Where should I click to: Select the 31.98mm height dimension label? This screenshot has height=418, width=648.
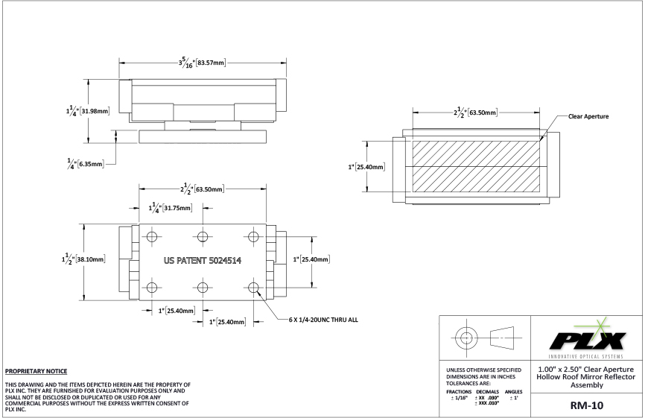pyautogui.click(x=87, y=111)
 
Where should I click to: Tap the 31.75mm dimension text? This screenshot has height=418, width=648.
pyautogui.click(x=169, y=207)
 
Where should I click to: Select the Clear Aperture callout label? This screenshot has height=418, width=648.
pyautogui.click(x=589, y=116)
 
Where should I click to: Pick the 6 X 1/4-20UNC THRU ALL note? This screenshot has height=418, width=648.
pyautogui.click(x=323, y=319)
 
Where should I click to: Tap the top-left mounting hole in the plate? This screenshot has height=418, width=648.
pyautogui.click(x=153, y=237)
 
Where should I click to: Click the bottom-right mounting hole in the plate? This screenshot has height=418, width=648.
pyautogui.click(x=254, y=288)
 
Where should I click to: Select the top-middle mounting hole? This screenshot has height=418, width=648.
pyautogui.click(x=203, y=237)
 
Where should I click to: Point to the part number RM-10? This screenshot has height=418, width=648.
pyautogui.click(x=586, y=405)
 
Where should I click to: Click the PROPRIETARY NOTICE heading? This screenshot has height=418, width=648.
pyautogui.click(x=36, y=370)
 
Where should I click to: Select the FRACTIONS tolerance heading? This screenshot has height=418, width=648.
pyautogui.click(x=459, y=391)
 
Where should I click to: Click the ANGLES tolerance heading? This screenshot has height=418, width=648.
pyautogui.click(x=513, y=391)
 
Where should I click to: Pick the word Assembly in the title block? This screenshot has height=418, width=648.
pyautogui.click(x=586, y=384)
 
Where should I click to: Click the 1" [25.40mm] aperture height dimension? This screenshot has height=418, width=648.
pyautogui.click(x=366, y=168)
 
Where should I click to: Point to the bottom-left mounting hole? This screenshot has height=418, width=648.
pyautogui.click(x=153, y=288)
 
